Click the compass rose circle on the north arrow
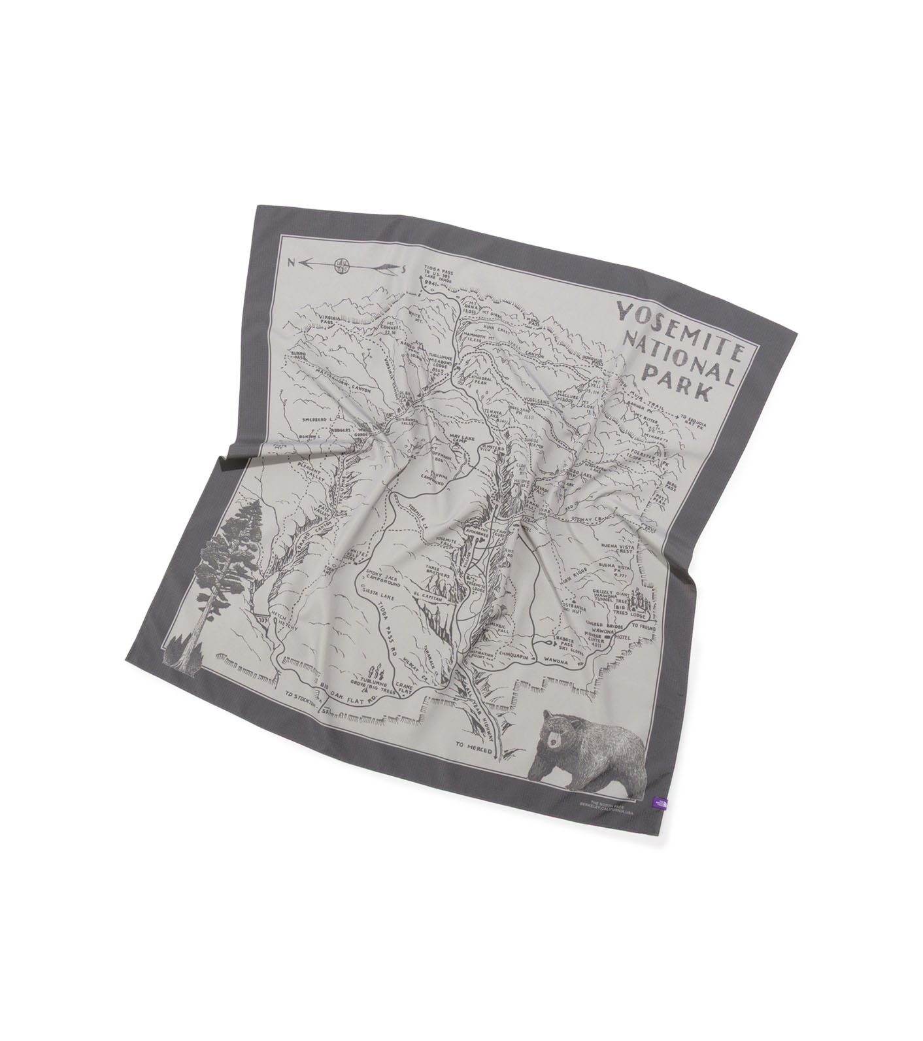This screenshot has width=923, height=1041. [339, 265]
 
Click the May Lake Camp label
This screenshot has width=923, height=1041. [451, 437]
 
